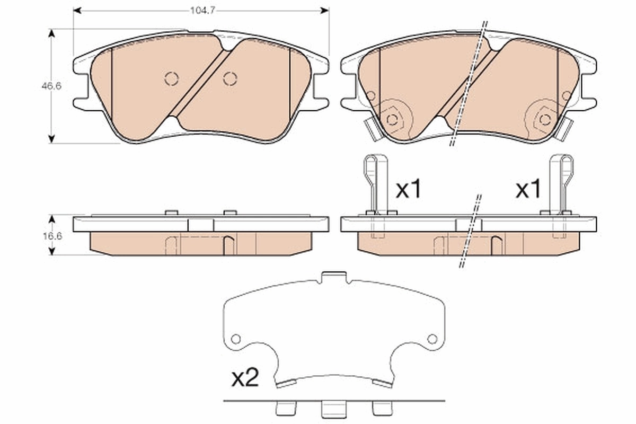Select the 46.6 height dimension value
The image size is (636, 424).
coord(52,86)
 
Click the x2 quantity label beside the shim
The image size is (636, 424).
coord(244,378)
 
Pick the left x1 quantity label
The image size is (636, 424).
coord(409,189)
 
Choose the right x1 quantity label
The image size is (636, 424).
coord(528,189)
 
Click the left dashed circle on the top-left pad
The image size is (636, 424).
coord(171,78)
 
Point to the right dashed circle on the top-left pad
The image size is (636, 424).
coord(229,78)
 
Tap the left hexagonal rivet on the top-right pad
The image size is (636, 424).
coord(392,119)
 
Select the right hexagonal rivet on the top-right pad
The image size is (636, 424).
coord(545,119)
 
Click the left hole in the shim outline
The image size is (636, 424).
coord(236,338)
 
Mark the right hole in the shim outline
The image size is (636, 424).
coord(432,338)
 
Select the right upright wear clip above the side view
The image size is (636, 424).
coord(560,183)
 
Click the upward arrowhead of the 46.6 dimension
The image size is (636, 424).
coord(51,33)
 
